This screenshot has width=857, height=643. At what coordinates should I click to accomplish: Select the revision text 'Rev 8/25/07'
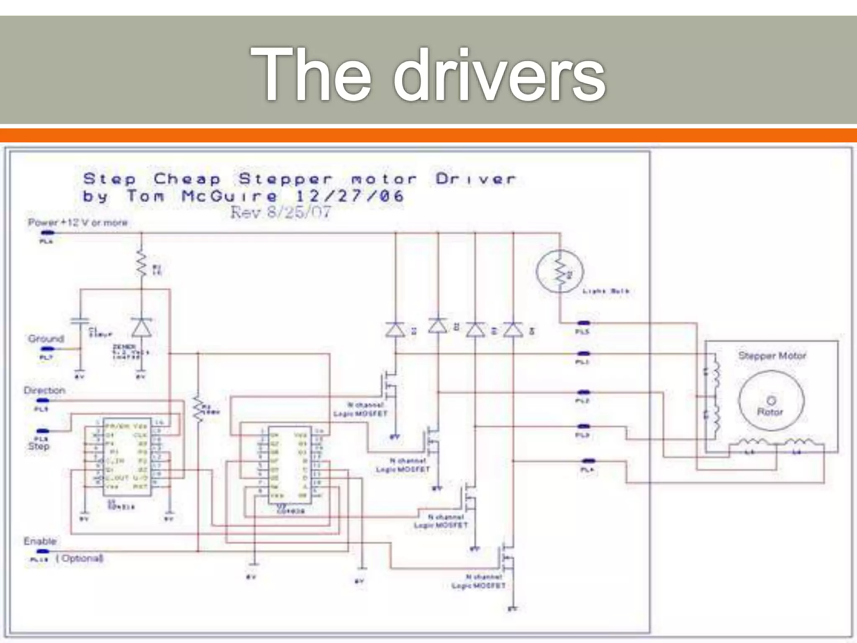coord(280,213)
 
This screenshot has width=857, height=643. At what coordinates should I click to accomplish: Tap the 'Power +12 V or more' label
coord(77,222)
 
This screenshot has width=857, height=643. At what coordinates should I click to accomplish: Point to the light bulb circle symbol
coord(559,271)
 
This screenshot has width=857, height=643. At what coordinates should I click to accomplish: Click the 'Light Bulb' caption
coord(606,291)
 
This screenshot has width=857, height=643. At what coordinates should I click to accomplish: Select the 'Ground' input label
coord(46,339)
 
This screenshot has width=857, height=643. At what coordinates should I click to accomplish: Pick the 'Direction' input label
coord(44,391)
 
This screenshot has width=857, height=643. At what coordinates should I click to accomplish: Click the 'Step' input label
coord(38,446)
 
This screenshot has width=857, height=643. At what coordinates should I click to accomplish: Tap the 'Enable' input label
coord(40,541)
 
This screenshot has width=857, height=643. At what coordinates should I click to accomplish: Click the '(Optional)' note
coord(80,558)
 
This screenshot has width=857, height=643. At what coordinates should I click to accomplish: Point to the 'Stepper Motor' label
coord(772,356)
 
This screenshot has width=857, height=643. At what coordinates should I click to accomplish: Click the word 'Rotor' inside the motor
coord(770,412)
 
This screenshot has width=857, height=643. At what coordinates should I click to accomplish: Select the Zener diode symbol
coord(141,327)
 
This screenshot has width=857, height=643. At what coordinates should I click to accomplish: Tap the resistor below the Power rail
coord(141,264)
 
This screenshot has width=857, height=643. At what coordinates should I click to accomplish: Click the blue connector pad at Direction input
coord(43,401)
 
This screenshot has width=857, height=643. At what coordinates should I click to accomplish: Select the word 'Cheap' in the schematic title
coord(187,179)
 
